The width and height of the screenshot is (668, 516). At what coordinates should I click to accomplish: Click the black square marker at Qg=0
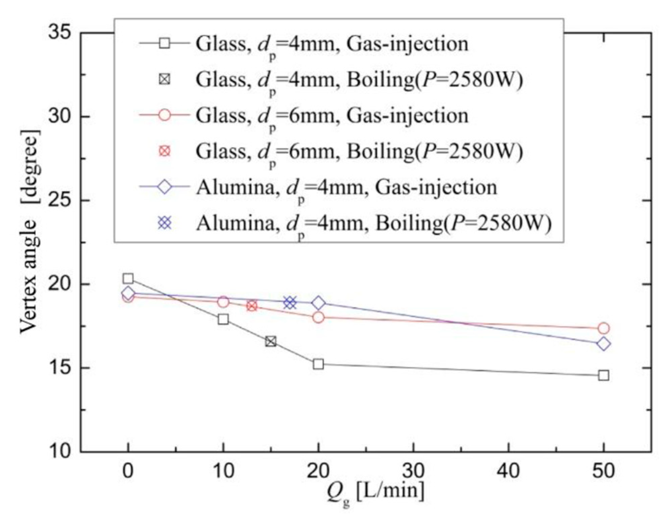(x=128, y=279)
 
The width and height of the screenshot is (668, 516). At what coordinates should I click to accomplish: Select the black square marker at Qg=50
(x=603, y=375)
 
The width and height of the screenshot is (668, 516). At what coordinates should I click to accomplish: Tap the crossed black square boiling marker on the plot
(x=271, y=342)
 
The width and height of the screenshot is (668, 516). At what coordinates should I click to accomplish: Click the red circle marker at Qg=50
(x=603, y=328)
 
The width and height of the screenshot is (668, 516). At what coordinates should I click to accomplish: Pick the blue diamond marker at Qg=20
(x=319, y=303)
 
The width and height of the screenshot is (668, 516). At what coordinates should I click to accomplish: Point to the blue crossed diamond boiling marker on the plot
(x=290, y=303)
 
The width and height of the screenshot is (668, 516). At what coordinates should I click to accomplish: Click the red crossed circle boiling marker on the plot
(x=252, y=306)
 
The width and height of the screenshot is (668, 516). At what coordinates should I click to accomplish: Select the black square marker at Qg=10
(x=223, y=319)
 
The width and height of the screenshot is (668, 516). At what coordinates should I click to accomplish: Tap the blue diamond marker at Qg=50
(x=603, y=344)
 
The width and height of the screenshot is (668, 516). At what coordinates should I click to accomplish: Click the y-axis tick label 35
(x=60, y=33)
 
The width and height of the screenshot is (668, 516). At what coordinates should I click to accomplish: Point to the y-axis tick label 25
(x=60, y=200)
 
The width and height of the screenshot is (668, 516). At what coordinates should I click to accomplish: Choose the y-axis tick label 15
(x=60, y=368)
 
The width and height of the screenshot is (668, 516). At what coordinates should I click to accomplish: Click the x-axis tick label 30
(x=413, y=470)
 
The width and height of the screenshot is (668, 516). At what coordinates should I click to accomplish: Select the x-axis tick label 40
(x=508, y=470)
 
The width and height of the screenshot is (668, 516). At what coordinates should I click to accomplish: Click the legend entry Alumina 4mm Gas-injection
(x=347, y=187)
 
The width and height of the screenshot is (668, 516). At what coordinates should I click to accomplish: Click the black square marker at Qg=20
(x=318, y=364)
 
